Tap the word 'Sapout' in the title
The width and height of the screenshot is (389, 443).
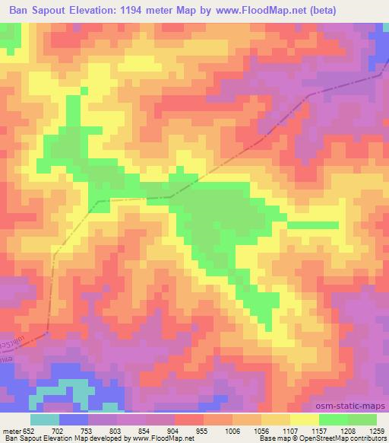[x=58, y=10]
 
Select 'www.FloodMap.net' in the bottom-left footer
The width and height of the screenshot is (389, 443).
[x=162, y=439]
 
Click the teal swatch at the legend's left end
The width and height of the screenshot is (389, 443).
[x=44, y=419]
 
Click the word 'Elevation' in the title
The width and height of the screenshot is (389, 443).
[x=105, y=10]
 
